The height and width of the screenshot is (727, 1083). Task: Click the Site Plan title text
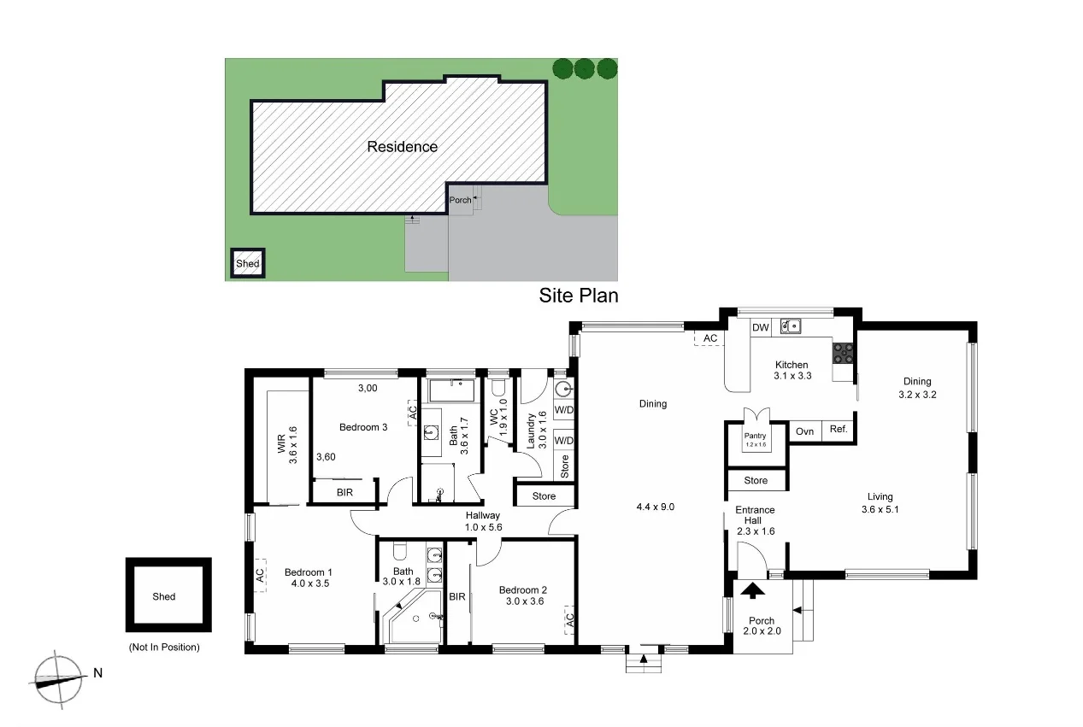tap(578, 296)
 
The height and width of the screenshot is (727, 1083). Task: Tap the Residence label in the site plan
tap(402, 147)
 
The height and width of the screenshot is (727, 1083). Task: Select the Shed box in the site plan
tap(248, 263)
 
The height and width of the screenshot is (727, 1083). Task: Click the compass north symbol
tap(60, 679)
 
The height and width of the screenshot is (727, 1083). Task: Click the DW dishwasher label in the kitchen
tap(760, 327)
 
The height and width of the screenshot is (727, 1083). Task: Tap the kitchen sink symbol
tap(790, 326)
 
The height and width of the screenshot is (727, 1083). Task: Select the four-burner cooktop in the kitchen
tap(842, 352)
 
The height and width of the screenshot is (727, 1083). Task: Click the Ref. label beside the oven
tap(839, 430)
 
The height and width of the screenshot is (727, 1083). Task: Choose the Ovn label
tap(804, 431)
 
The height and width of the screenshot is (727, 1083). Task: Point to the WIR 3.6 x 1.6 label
tap(286, 444)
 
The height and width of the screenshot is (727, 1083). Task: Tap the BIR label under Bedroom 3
tap(344, 493)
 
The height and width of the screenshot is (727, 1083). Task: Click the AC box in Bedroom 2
tap(568, 621)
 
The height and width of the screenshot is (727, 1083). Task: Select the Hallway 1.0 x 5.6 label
tap(482, 522)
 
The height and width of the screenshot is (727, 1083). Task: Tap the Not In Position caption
tap(164, 648)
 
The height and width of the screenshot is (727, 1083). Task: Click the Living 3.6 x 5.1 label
tap(880, 502)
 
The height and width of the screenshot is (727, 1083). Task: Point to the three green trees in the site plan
tap(584, 68)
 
